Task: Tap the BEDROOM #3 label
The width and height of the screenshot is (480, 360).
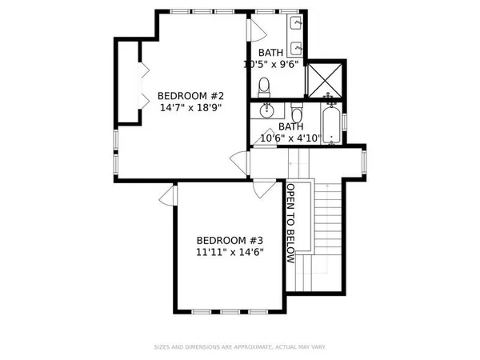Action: pos(230,240)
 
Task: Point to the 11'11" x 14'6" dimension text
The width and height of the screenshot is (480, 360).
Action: pos(230,252)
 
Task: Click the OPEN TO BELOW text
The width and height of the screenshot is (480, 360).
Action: pos(292,225)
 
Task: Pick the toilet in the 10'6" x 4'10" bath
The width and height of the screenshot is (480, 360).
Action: pos(296,114)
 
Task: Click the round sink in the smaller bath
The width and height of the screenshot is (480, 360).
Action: pos(267,113)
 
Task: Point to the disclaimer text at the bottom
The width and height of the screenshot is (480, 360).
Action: pos(240,347)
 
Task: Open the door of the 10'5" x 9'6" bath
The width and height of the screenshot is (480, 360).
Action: pos(257,31)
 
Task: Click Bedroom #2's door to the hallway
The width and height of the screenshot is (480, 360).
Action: pos(238,163)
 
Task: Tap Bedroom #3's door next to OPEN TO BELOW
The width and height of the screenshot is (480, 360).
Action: pos(261,190)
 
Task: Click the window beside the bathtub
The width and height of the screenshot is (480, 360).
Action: pos(345,121)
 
